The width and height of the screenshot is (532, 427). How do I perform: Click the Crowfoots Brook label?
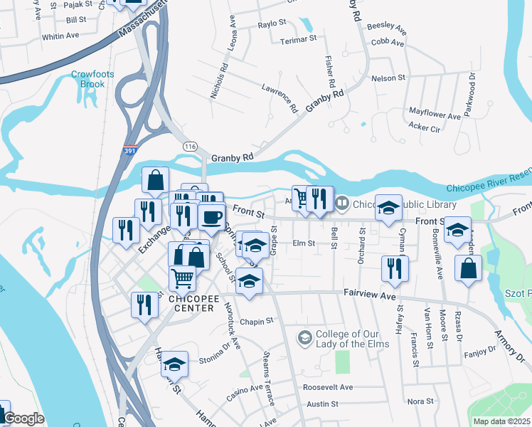pos(87,79)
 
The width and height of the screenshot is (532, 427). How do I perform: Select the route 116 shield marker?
pos(190,146)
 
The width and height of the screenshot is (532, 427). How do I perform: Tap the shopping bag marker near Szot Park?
pos(467,269)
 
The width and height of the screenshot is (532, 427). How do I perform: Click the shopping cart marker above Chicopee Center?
pos(183,278)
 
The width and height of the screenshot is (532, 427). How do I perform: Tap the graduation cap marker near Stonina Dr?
pos(174,364)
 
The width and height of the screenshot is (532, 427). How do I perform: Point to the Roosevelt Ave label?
pos(328,387)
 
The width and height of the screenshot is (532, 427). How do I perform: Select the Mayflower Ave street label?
pos(435,114)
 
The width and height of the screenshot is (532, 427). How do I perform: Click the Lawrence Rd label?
pos(279,98)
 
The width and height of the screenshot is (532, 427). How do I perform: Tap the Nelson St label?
pos(388,78)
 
